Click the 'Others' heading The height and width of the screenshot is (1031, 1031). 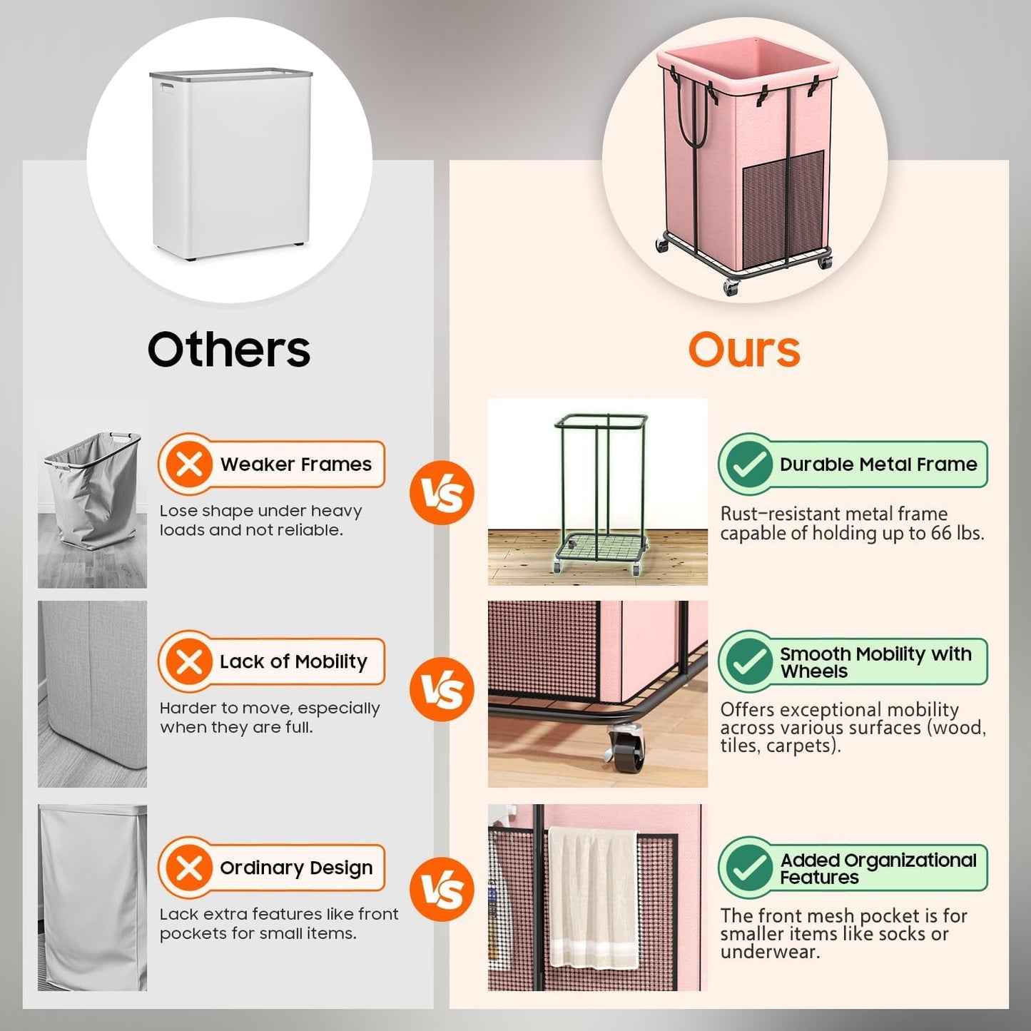(x=228, y=350)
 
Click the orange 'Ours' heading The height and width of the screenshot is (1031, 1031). (x=743, y=350)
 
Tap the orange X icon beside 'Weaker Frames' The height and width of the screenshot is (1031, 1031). (x=189, y=464)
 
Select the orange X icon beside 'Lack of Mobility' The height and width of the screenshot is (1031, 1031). (x=189, y=661)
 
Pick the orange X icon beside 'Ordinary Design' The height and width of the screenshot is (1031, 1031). (x=189, y=868)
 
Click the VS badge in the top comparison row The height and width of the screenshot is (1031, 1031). (x=442, y=493)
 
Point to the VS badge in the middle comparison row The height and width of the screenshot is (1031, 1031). (x=442, y=689)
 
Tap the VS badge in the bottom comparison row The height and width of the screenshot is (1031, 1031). (x=442, y=889)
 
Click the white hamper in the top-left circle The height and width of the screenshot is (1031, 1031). (x=230, y=164)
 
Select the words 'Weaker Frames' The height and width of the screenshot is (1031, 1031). (x=295, y=464)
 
